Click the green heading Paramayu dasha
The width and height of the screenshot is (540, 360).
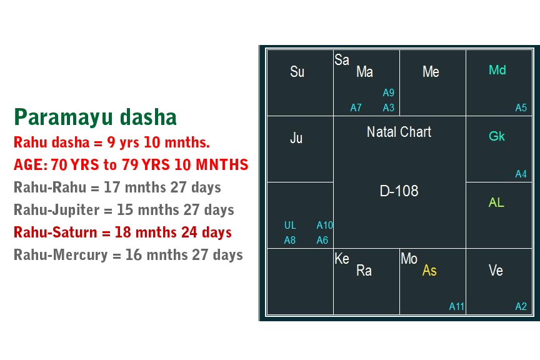pos(95,117)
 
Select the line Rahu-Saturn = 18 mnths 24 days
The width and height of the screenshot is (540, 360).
pos(122,232)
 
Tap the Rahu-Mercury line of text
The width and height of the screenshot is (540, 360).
pos(128,255)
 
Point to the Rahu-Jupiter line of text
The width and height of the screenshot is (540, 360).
pos(124,210)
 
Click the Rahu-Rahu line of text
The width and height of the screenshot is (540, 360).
pos(117,187)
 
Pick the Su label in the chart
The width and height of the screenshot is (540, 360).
pos(297,72)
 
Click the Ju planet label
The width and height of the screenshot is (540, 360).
pos(296,138)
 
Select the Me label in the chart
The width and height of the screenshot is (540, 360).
pos(431,72)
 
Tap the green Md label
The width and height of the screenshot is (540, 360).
pos(497,70)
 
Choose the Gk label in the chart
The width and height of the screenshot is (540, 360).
pos(497,136)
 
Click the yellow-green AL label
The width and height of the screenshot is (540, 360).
pos(496,202)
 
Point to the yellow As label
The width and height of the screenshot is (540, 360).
pos(429,271)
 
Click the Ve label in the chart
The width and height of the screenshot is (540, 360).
pos(496,271)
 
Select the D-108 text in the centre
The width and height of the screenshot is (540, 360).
pos(399,191)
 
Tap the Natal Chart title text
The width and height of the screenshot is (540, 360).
pos(399,132)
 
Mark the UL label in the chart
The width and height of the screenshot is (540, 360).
pos(290,226)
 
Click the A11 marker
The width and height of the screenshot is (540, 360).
pos(457,306)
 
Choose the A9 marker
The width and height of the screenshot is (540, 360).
pos(389,93)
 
